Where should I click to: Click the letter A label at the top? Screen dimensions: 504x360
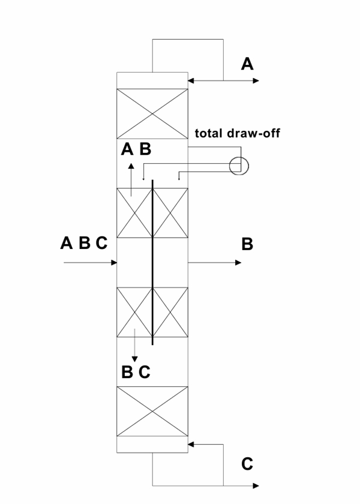pyautogui.click(x=247, y=64)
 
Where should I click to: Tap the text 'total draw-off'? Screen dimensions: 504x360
pyautogui.click(x=238, y=133)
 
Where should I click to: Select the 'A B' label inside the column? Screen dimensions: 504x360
pyautogui.click(x=136, y=149)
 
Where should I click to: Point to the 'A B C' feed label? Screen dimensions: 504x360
pyautogui.click(x=84, y=243)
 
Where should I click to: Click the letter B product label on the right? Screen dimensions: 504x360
pyautogui.click(x=247, y=244)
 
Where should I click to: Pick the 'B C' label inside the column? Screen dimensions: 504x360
pyautogui.click(x=136, y=372)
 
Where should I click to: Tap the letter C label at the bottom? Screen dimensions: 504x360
pyautogui.click(x=247, y=464)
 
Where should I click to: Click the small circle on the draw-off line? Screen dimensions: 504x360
pyautogui.click(x=239, y=166)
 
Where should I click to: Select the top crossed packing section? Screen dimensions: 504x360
pyautogui.click(x=152, y=113)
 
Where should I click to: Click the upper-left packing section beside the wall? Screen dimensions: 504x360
pyautogui.click(x=134, y=213)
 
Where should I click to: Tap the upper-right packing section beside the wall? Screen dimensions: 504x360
pyautogui.click(x=170, y=213)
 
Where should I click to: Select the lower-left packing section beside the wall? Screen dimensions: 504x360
pyautogui.click(x=134, y=312)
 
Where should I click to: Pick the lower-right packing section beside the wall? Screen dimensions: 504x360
pyautogui.click(x=170, y=312)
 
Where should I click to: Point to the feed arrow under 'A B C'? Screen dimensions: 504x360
pyautogui.click(x=90, y=263)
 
